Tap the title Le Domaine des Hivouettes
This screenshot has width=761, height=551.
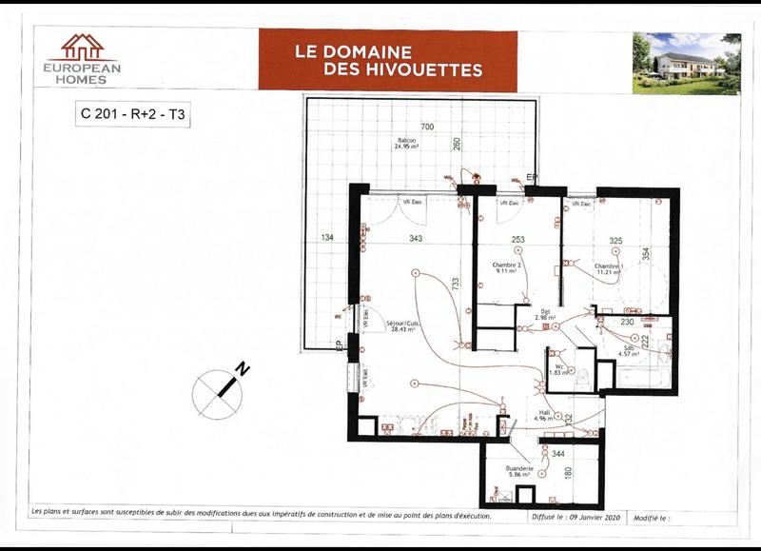[x=388, y=60]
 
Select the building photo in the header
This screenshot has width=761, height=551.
[x=686, y=63]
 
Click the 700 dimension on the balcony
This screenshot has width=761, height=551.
[x=427, y=127]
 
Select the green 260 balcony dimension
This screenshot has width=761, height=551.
[x=457, y=145]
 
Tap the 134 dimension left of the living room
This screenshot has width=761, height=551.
[x=326, y=237]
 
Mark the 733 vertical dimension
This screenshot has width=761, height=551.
[x=456, y=283]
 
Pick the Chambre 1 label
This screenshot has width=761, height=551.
[x=609, y=266]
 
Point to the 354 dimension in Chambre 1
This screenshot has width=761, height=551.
[x=645, y=254]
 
